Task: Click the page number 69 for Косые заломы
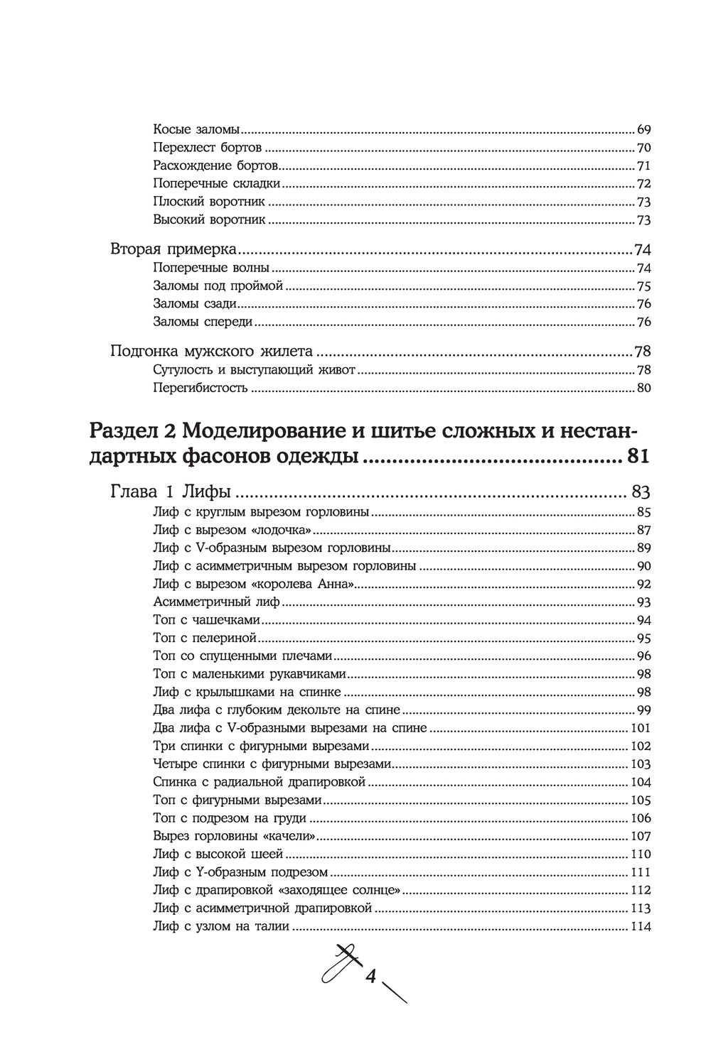[x=644, y=130]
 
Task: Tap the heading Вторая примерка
[x=174, y=251]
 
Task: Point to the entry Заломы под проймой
[x=218, y=286]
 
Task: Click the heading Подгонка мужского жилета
[x=213, y=352]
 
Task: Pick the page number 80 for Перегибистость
[x=644, y=389]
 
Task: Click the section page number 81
[x=638, y=456]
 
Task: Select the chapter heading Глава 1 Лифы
[x=174, y=492]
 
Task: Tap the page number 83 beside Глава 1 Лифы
[x=638, y=492]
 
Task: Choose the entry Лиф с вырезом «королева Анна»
[x=254, y=585]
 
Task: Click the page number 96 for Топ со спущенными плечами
[x=644, y=656]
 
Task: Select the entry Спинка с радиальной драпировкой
[x=260, y=782]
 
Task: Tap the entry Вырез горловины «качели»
[x=234, y=836]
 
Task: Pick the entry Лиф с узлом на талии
[x=221, y=926]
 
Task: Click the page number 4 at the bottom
[x=370, y=977]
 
